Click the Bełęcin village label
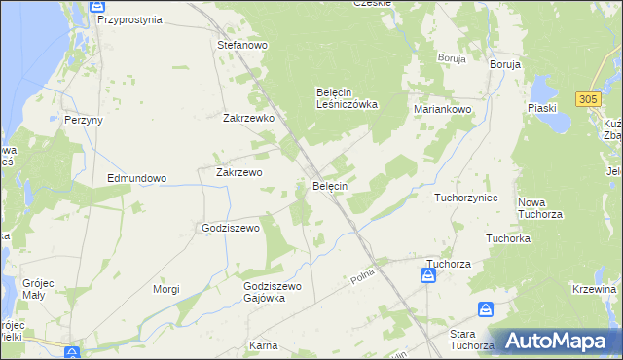[330, 185]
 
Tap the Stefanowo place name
[242, 45]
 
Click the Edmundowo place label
[137, 179]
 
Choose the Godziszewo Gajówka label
[274, 292]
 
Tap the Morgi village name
[166, 289]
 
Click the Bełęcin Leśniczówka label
[347, 98]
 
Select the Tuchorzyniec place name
[466, 198]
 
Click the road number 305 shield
[587, 99]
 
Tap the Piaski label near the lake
[542, 108]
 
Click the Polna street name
[363, 279]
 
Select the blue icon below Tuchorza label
[428, 277]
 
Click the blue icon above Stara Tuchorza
[486, 309]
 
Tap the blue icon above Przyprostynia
[97, 5]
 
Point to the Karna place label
[263, 345]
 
